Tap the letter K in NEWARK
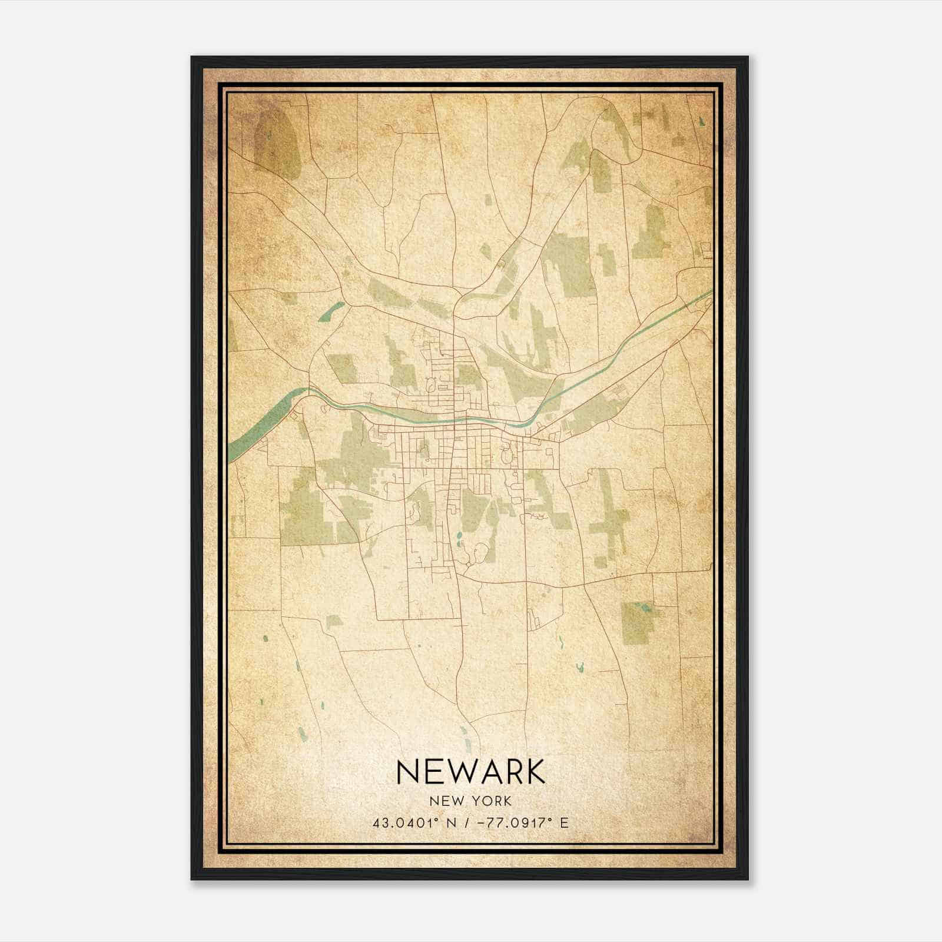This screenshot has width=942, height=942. [x=532, y=772]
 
